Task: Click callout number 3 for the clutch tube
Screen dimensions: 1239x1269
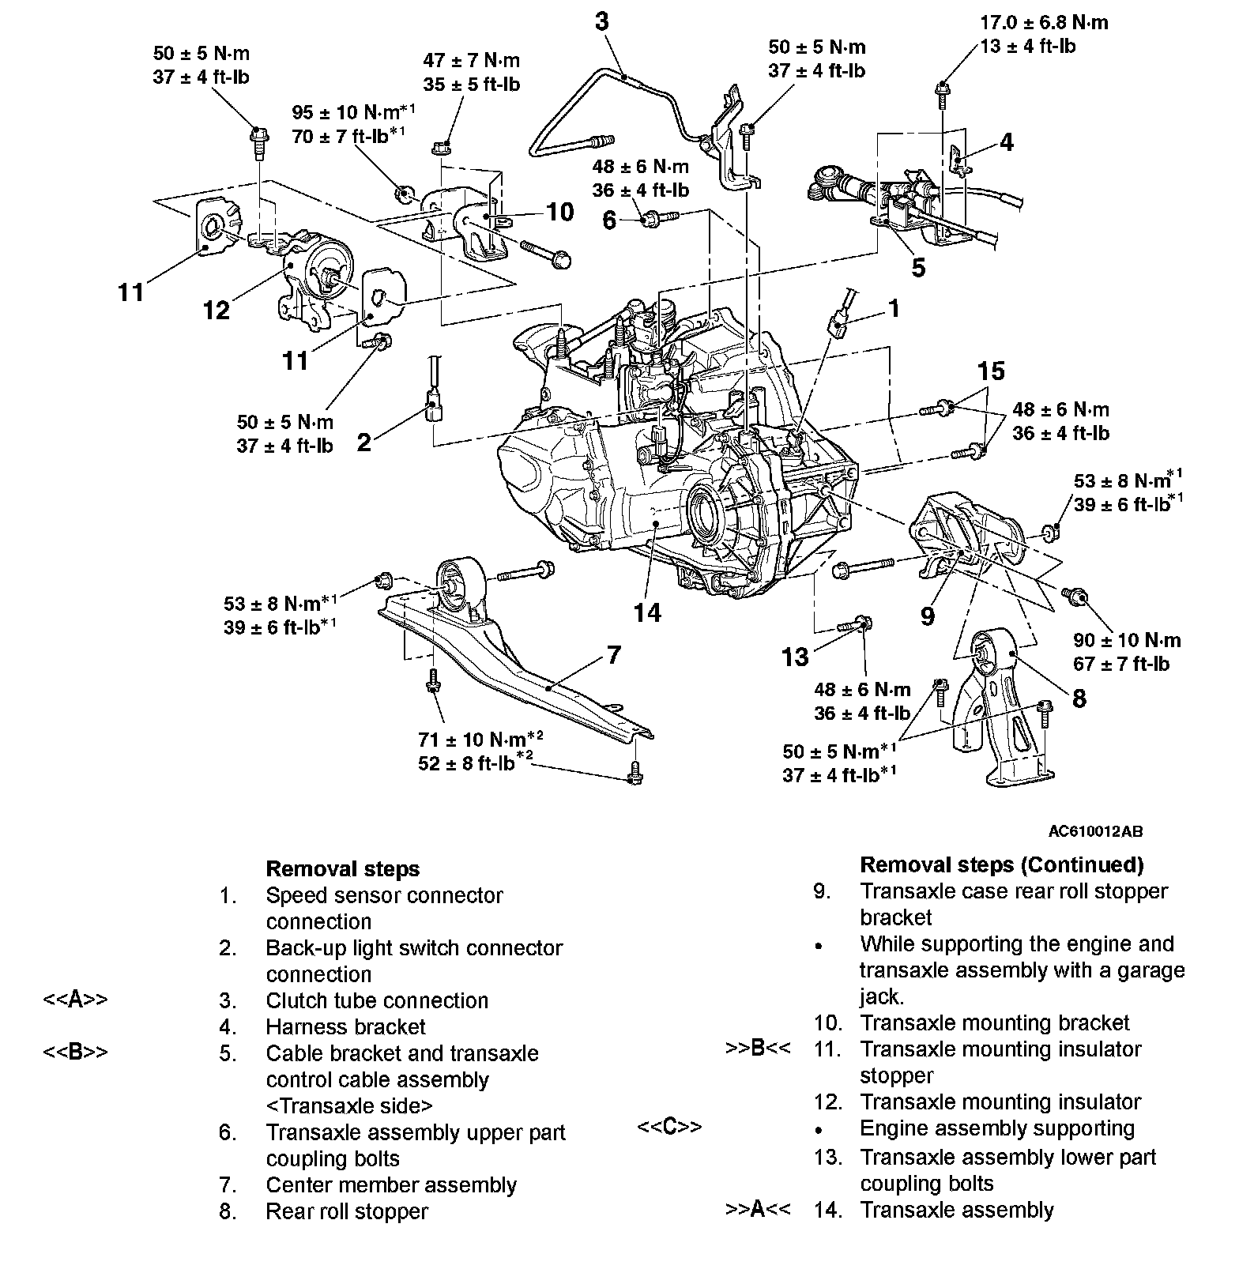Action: point(602,21)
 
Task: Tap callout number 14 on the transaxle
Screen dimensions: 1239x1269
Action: point(647,612)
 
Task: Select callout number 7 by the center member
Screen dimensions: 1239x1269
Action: point(613,655)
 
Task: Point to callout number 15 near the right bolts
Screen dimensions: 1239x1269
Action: point(991,371)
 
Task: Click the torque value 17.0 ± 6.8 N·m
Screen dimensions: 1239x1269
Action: point(1044,22)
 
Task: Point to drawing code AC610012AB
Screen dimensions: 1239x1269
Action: point(1095,831)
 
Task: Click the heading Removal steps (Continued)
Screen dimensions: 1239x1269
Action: point(1001,864)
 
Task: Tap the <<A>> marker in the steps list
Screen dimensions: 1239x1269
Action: point(75,1000)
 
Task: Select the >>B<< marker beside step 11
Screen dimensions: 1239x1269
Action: point(758,1049)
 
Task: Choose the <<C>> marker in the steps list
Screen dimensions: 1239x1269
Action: point(669,1127)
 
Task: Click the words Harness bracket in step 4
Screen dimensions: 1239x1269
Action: point(345,1026)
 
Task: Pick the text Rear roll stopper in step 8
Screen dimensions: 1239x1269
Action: point(347,1211)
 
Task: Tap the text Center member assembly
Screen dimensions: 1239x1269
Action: point(391,1185)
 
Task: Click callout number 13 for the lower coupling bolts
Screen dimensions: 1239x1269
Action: point(796,657)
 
